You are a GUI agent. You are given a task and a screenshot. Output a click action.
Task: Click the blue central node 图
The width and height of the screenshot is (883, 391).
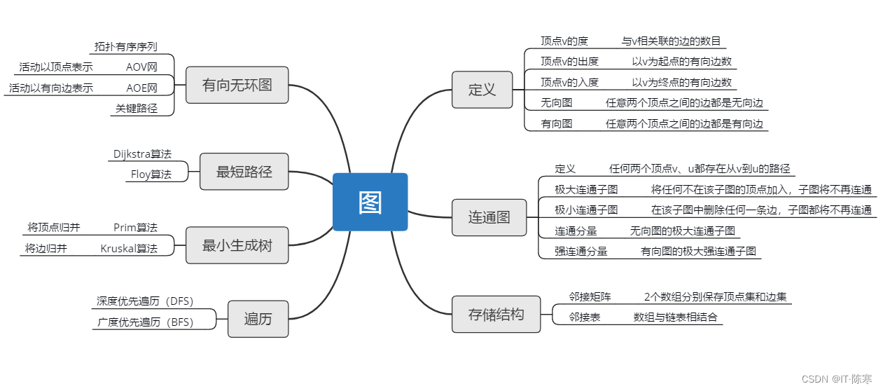370,202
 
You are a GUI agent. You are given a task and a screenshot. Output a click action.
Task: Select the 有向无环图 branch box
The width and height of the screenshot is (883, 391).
237,85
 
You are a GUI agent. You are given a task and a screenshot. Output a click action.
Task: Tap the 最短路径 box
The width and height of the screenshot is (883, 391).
244,172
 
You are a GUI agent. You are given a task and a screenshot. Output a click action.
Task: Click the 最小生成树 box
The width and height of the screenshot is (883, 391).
237,245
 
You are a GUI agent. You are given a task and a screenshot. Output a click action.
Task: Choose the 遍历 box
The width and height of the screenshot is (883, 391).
258,319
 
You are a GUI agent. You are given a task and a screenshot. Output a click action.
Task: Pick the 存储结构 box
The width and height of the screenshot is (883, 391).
496,314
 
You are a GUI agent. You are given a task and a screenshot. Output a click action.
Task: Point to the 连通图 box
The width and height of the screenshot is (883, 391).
489,217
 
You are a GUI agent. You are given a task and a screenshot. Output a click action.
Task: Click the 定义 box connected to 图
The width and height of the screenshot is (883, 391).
482,90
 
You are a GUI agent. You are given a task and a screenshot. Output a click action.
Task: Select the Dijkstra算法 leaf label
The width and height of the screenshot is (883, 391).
142,153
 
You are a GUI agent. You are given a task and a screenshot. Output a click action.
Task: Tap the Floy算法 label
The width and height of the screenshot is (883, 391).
151,174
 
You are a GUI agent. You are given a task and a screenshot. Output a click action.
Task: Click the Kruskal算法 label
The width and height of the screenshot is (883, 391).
129,248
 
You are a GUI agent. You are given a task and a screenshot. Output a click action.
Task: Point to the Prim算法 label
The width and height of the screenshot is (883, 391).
135,227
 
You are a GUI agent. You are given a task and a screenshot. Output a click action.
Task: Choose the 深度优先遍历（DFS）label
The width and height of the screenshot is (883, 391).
145,301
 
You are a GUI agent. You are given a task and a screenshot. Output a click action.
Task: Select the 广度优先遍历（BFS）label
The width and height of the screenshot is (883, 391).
145,322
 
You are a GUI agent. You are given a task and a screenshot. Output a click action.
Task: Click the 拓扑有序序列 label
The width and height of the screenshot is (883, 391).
126,47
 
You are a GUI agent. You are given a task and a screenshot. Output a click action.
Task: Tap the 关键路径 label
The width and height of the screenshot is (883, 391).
137,108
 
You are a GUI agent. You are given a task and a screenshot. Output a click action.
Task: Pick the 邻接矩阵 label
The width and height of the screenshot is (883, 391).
590,296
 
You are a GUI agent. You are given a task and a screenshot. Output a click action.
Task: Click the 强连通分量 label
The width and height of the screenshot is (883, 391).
581,252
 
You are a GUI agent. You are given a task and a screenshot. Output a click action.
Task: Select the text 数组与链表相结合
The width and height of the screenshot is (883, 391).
675,317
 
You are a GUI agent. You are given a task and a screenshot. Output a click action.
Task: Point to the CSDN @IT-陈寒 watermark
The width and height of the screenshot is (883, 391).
837,379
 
